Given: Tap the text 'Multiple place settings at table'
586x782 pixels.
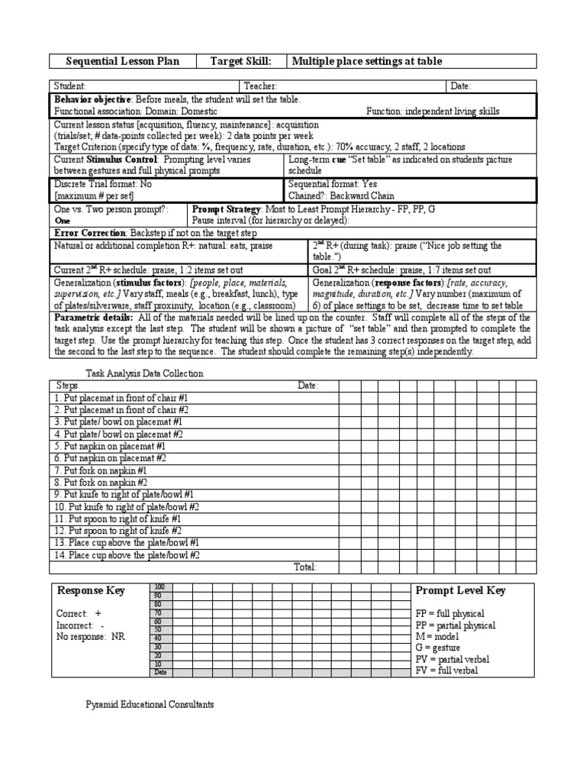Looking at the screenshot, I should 367,61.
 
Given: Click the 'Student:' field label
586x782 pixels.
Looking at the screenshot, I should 69,87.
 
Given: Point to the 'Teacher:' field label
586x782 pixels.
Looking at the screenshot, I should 260,87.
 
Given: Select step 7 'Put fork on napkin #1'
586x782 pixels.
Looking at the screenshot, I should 98,471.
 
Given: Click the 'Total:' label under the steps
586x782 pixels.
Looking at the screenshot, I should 304,567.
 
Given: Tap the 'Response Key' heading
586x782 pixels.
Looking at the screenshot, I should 91,591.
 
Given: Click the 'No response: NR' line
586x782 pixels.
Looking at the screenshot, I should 91,635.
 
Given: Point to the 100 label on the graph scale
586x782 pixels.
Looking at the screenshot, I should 159,586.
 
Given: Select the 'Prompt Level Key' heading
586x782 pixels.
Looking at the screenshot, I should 459,590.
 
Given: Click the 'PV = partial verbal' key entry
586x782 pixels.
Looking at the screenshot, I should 452,659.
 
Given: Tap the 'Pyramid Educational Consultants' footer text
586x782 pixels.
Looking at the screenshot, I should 149,704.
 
